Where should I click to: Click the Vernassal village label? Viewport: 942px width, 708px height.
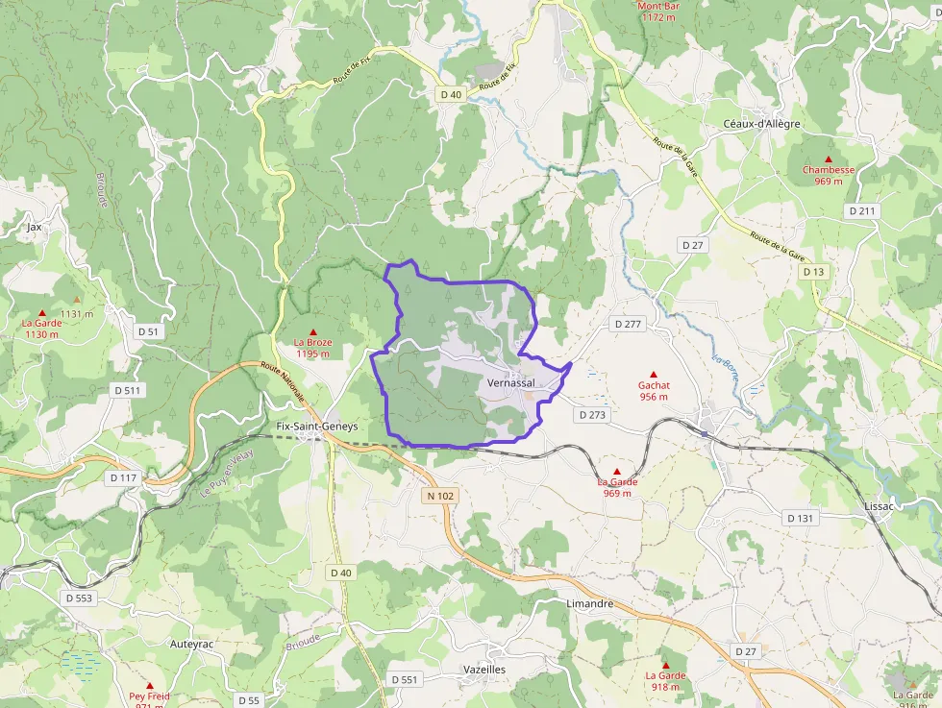pos(511,382)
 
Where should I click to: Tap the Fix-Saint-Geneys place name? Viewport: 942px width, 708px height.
pos(316,427)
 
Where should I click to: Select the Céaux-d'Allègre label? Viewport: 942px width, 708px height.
pos(761,124)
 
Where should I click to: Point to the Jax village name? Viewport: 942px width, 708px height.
pos(35,228)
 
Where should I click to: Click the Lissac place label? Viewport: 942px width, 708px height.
pos(880,505)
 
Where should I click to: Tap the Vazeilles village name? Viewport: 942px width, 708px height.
pos(483,669)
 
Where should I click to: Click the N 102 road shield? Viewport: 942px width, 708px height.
pos(439,496)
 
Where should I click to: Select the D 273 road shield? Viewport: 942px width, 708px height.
pos(593,415)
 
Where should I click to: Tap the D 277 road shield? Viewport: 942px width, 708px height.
pos(627,324)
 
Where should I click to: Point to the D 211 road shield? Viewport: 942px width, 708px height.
pos(863,210)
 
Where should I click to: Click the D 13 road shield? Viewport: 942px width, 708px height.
pos(813,272)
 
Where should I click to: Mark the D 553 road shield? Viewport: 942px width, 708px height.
pos(80,598)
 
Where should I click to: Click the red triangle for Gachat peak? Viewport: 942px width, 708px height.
pos(654,375)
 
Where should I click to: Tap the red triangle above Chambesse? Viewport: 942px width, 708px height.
pos(828,159)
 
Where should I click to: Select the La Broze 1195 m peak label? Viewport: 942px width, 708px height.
pos(312,348)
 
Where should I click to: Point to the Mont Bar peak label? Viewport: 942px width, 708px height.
pos(658,12)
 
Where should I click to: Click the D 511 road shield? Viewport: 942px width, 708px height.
pos(127,390)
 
